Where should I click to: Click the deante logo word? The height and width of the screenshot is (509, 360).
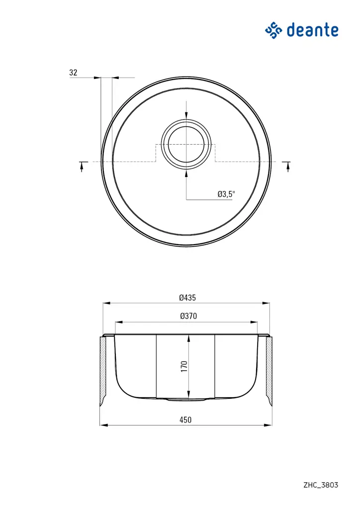coord(313,30)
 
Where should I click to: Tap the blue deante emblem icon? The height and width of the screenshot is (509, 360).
coord(273,30)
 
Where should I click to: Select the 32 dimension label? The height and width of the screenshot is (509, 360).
coord(74,73)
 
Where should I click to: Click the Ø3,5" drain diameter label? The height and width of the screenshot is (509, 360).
coord(226,194)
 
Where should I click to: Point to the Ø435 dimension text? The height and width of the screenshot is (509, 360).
coord(187,298)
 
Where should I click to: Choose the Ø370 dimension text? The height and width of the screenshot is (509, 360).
coord(187,316)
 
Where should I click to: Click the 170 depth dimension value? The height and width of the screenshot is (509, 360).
coord(183,367)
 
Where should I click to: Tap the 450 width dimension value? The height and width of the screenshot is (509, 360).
coord(185,420)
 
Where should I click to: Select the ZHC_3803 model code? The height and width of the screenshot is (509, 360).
coord(321,485)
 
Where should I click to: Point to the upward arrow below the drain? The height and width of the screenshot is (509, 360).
coord(186,173)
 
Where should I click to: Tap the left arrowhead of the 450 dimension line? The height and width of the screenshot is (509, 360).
coord(103,425)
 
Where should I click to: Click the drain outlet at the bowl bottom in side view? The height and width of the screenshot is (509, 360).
coord(186,399)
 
